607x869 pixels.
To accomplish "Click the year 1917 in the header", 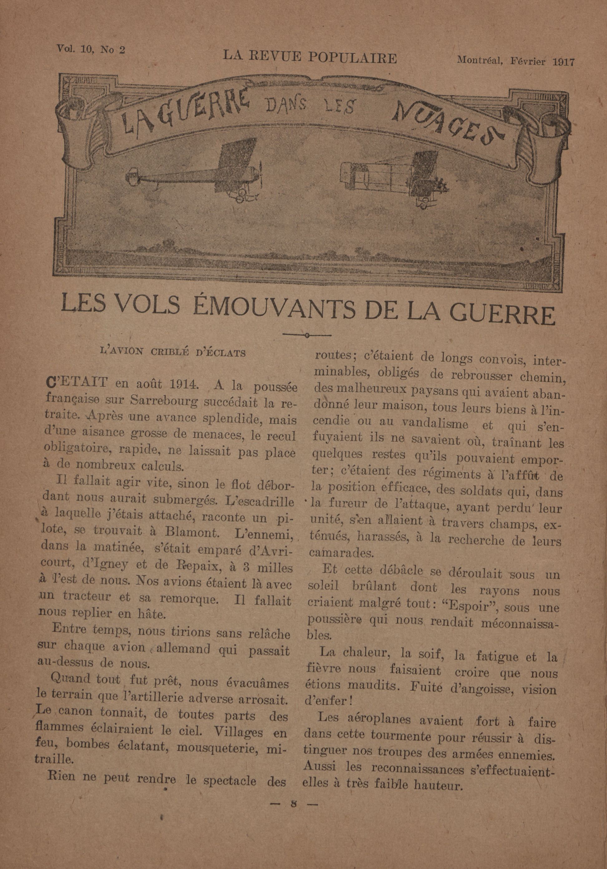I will point(563,62).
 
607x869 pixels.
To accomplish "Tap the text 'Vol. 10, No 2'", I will point(91,49).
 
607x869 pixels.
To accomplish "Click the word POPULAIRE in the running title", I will point(352,58).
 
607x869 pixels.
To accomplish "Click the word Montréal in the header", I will point(479,60).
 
